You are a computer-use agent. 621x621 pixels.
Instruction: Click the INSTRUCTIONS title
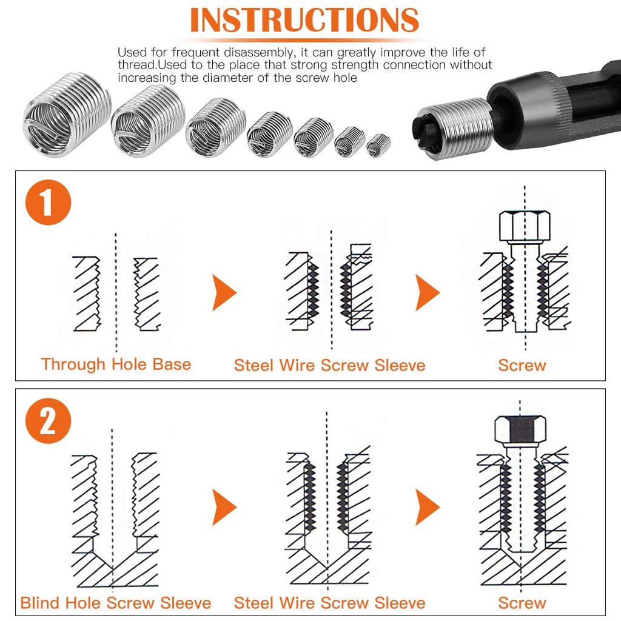click(x=304, y=20)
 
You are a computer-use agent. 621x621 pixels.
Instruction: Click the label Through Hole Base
click(x=116, y=364)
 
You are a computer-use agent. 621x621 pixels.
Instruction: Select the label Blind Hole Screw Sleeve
click(x=116, y=603)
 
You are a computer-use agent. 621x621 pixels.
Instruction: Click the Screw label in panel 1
click(x=522, y=365)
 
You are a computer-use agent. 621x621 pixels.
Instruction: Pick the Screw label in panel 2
click(x=522, y=603)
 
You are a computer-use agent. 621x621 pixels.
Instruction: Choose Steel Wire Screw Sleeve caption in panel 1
click(x=329, y=365)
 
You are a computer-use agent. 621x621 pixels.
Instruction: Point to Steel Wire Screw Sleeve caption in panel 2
click(x=329, y=603)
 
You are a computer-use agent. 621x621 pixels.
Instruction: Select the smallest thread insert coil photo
click(x=378, y=145)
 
